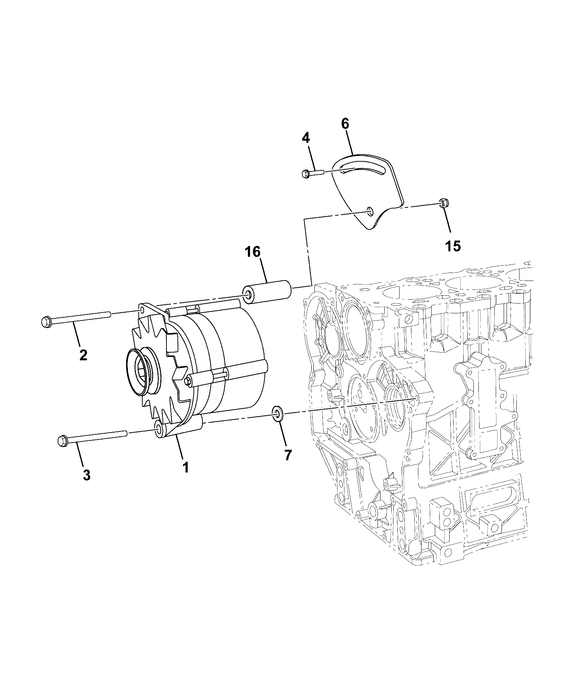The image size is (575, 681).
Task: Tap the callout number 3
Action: click(x=86, y=475)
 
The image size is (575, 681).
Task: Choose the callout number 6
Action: click(x=345, y=124)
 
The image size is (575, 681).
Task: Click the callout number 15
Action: click(x=453, y=246)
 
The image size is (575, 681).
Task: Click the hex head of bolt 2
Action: click(x=46, y=322)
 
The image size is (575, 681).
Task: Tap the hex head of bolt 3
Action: click(x=62, y=441)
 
